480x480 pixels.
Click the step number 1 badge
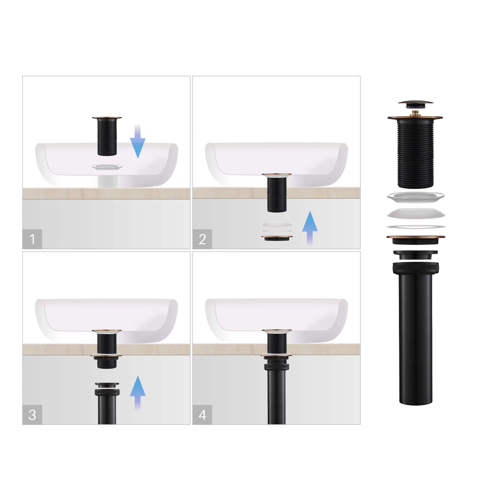[32, 239]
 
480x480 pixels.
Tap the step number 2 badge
[202, 239]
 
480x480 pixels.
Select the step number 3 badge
[32, 415]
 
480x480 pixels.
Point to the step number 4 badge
[202, 415]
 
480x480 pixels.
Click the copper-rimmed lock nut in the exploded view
[416, 240]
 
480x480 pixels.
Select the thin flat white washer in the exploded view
[416, 227]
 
